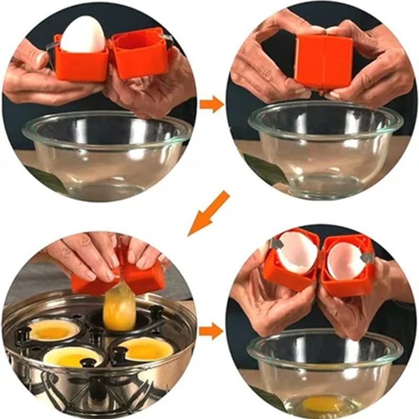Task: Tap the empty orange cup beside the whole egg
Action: point(139,55)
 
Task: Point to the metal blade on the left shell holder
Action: point(273,245)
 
